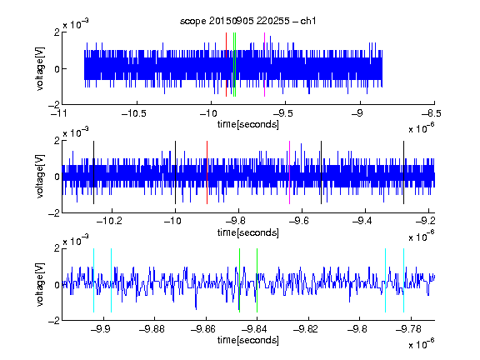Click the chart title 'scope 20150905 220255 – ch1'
point(247,21)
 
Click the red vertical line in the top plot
point(226,65)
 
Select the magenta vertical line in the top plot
point(264,65)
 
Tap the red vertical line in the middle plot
point(207,172)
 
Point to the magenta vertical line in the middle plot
point(290,172)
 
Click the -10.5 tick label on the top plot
point(134,114)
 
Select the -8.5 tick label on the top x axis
point(432,114)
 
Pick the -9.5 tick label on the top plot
point(282,114)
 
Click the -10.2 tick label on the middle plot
point(109,221)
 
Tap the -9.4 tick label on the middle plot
point(362,221)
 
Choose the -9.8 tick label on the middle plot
point(236,221)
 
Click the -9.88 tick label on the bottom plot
point(152,329)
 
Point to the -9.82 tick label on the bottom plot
point(306,329)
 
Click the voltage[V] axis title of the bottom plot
point(40,284)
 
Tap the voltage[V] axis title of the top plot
point(40,68)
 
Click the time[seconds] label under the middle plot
point(248,232)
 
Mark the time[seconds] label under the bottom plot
point(248,340)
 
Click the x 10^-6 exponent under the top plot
point(422,127)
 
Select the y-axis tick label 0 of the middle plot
point(57,177)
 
